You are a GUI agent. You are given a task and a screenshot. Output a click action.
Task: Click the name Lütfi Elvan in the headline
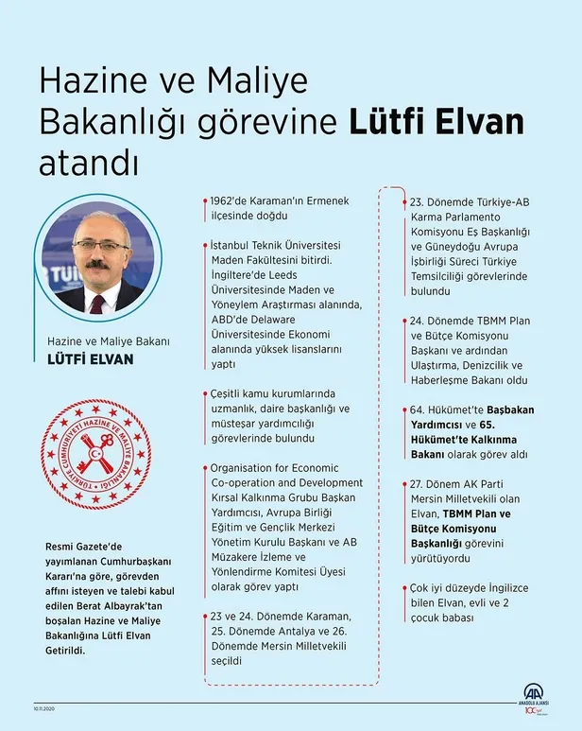pyautogui.click(x=436, y=123)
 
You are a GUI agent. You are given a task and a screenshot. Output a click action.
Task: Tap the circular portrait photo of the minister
pyautogui.click(x=97, y=257)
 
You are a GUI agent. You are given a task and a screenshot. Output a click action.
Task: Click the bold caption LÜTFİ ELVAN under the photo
pyautogui.click(x=91, y=360)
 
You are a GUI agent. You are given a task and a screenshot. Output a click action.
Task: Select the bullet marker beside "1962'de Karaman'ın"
pyautogui.click(x=205, y=202)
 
